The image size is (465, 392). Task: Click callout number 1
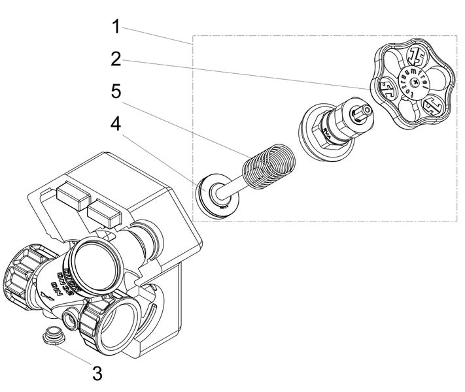pos(116,27)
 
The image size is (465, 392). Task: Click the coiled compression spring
pos(266,167)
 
